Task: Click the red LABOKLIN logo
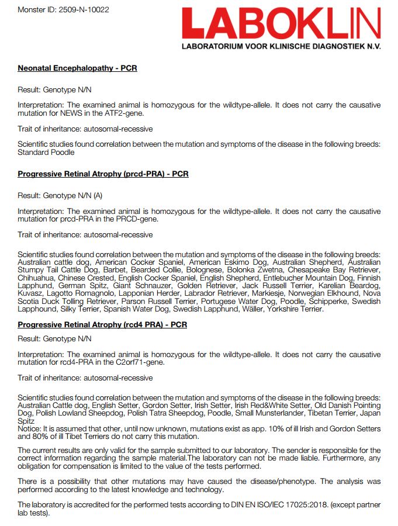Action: [x=281, y=23]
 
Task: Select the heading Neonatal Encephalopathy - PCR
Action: [x=77, y=68]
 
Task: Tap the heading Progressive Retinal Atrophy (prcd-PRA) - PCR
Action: [x=103, y=174]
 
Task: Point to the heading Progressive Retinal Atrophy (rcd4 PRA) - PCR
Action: [x=102, y=325]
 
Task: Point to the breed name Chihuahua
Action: [x=36, y=278]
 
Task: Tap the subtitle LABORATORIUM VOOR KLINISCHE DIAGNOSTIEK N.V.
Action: [x=281, y=46]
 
